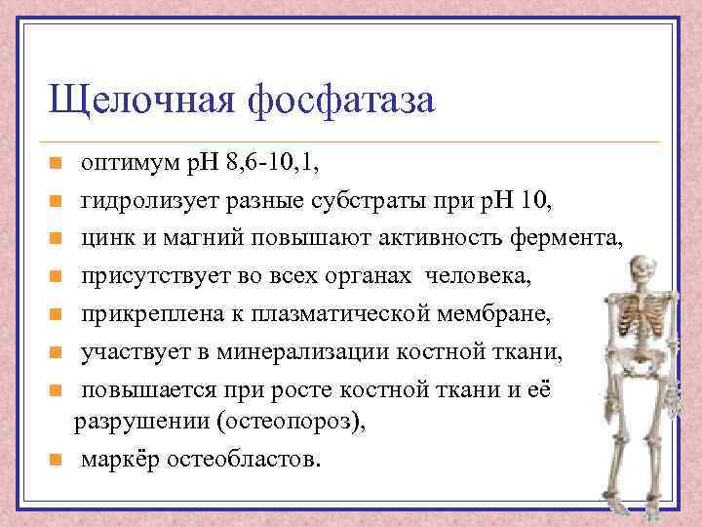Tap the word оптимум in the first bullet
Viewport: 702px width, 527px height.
(128, 162)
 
